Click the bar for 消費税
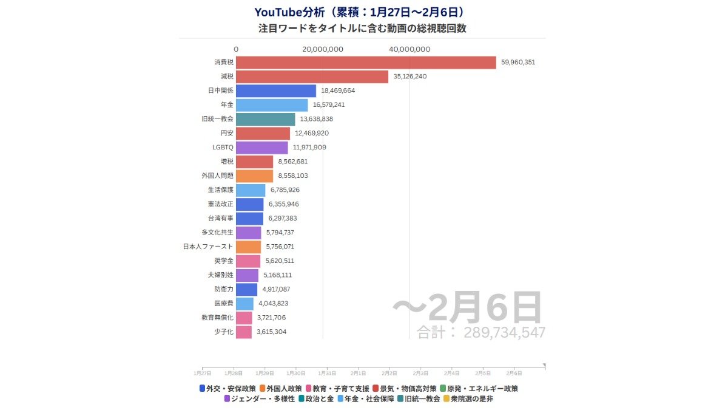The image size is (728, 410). tap(366, 63)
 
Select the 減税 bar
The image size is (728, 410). tap(312, 77)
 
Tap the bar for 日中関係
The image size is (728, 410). tap(276, 91)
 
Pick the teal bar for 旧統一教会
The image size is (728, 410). tap(265, 119)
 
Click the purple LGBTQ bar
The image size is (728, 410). tap(261, 148)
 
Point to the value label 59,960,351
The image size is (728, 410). tap(518, 63)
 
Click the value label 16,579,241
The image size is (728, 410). tap(329, 105)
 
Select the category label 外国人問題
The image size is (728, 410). tap(217, 176)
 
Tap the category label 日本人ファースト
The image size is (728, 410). tap(208, 247)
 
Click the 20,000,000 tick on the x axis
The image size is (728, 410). tap(322, 49)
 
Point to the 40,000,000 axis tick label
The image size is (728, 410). tap(409, 49)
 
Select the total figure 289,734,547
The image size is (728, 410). tap(504, 332)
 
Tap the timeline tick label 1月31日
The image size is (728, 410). tap(327, 372)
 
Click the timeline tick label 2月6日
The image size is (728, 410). tap(514, 372)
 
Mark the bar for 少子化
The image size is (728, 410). tap(243, 332)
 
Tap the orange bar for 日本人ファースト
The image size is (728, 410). tap(248, 247)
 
